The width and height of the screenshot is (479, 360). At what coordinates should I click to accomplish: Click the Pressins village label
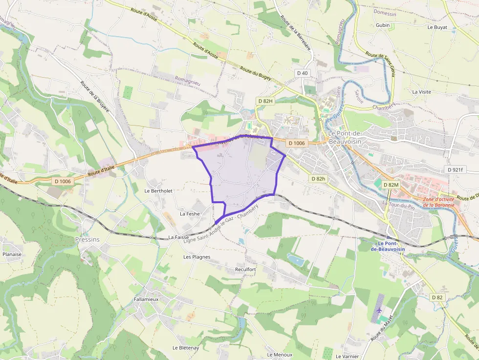[x=87, y=239]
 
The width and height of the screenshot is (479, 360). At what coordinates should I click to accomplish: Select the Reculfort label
[x=245, y=269]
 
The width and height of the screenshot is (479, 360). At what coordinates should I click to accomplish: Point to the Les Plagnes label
[x=196, y=257]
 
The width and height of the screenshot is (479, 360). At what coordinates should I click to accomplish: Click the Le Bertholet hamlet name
[x=158, y=191]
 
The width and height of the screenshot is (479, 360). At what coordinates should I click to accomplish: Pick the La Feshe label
[x=190, y=213]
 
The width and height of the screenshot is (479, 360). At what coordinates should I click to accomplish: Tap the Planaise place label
[x=12, y=254]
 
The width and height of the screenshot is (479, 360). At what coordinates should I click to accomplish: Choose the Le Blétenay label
[x=185, y=348]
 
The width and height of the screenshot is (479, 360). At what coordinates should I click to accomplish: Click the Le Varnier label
[x=347, y=356]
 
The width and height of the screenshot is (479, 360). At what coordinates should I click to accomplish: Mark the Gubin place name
[x=383, y=25]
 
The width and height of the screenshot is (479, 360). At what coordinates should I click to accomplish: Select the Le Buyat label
[x=437, y=27]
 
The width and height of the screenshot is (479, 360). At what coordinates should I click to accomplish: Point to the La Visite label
[x=421, y=92]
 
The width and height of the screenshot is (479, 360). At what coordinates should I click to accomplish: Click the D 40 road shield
[x=303, y=73]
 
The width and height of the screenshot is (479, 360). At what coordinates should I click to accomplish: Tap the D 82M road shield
[x=391, y=185]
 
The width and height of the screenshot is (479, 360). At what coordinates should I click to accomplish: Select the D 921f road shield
[x=457, y=169]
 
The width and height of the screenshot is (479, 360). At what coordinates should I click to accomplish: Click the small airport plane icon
[x=380, y=310]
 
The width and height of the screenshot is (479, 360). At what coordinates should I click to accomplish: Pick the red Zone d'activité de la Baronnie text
[x=438, y=202]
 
